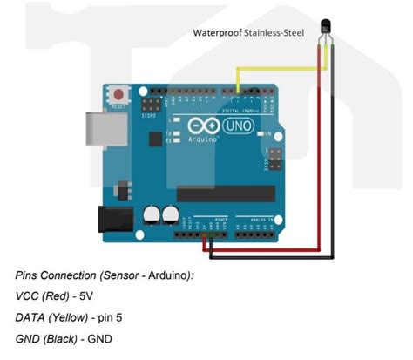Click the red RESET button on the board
click(x=118, y=92)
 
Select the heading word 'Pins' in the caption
click(x=28, y=275)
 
